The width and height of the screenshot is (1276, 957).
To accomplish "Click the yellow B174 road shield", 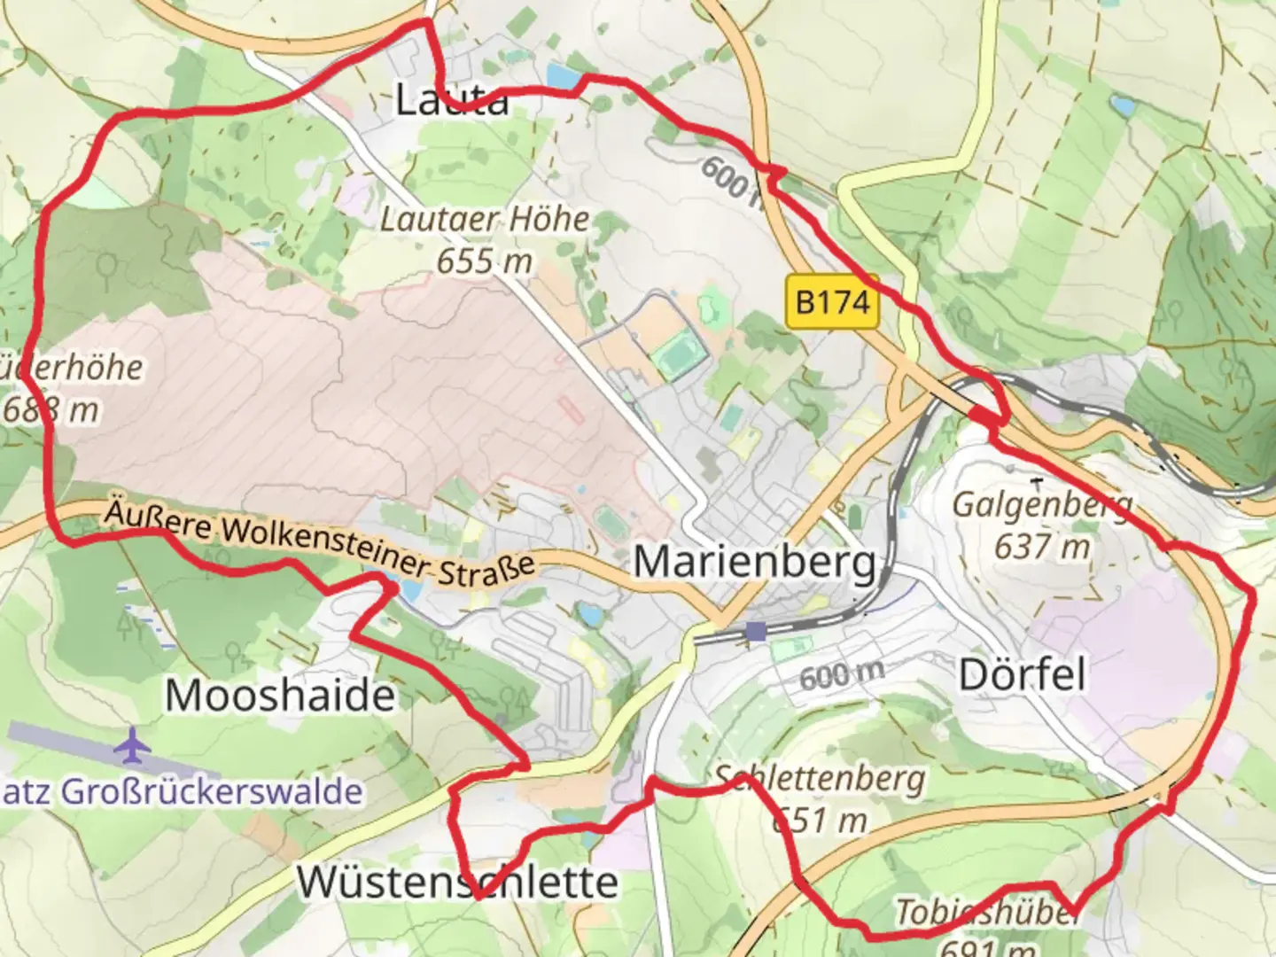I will click(x=832, y=302).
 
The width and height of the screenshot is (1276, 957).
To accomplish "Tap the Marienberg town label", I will click(x=755, y=562).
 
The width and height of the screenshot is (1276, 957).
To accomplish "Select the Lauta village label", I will click(x=452, y=99).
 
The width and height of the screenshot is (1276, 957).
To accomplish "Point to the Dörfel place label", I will click(x=1022, y=675).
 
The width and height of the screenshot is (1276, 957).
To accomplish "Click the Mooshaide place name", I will click(x=280, y=695).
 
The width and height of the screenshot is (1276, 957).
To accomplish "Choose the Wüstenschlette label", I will click(x=457, y=882).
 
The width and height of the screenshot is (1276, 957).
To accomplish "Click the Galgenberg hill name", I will click(x=1042, y=505).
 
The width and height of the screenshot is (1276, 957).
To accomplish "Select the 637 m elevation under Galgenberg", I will click(x=1042, y=548).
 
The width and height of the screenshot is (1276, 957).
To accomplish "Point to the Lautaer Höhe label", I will click(x=485, y=220).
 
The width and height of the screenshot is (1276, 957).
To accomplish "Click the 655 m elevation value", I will click(x=485, y=261).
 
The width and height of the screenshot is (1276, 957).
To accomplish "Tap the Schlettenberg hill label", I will click(x=821, y=779).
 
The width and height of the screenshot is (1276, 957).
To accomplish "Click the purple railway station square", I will click(x=756, y=631).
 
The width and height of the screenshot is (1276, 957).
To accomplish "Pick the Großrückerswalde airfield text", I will click(x=182, y=791).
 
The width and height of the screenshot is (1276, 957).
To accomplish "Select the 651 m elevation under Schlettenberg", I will click(x=819, y=821).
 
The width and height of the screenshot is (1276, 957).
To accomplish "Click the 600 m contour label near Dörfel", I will click(x=842, y=676).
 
